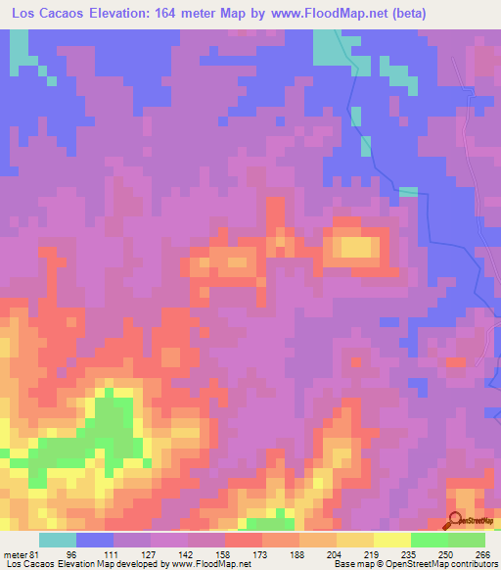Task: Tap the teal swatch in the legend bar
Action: pos(58,539)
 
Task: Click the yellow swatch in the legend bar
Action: pos(392,539)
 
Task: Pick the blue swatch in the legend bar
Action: pos(95,539)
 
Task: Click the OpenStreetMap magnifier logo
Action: pos(457,519)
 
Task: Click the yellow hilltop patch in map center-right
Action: pos(357,248)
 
